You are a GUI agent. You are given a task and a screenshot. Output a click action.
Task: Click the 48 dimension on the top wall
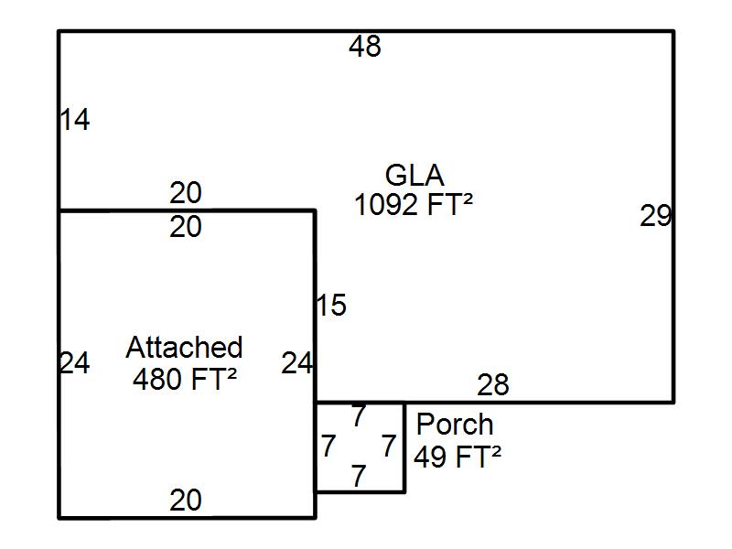pos(364,47)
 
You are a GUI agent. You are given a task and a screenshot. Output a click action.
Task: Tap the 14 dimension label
pos(75,120)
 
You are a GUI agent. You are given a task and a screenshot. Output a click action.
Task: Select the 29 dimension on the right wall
pos(655,217)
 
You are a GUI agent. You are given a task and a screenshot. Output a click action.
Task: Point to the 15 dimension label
pos(331,306)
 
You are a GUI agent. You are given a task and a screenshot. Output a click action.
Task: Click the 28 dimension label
pos(493,385)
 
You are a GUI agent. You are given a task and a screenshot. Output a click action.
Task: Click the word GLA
pos(414,175)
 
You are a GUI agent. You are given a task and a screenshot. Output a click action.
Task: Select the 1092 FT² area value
pos(414,205)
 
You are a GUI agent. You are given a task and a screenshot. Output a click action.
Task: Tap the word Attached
pos(184,348)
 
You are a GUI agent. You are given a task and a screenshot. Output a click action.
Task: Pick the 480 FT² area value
pos(185,379)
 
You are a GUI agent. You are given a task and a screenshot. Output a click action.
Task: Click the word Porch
pos(455,425)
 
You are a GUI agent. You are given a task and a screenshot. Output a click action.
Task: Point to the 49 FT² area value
pos(457,456)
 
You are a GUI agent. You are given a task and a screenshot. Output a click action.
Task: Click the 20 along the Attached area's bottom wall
pos(186,501)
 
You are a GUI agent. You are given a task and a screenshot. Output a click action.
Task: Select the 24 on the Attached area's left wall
pos(75,363)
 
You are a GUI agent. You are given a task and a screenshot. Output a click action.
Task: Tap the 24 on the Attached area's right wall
pos(297,363)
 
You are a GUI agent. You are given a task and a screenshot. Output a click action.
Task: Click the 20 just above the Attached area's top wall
pos(186,194)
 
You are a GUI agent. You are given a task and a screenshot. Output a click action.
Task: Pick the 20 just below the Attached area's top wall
pos(186,227)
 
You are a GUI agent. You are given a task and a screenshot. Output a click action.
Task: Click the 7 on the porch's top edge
pos(359,416)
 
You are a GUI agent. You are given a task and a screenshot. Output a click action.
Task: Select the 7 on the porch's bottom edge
pos(359,477)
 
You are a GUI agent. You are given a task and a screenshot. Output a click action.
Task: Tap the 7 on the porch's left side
pos(328,447)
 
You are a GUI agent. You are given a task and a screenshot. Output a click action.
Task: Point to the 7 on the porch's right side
pos(389,447)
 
